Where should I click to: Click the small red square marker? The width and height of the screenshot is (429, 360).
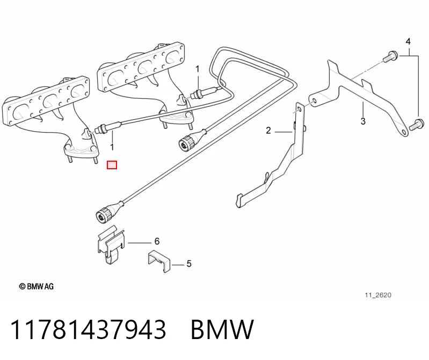[112, 165]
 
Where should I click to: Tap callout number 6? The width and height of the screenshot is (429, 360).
[157, 241]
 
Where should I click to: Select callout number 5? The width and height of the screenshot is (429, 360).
[189, 264]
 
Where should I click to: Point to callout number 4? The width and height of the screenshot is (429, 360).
[408, 41]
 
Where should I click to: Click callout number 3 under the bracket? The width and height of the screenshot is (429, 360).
[363, 121]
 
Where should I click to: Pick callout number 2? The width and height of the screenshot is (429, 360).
[268, 131]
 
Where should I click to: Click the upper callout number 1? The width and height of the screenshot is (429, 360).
[198, 69]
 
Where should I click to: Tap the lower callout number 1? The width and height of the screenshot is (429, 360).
[112, 147]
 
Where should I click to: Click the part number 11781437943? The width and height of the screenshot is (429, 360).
[88, 329]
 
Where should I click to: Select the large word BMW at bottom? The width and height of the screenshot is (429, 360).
[222, 329]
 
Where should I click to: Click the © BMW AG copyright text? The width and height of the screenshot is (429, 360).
[37, 286]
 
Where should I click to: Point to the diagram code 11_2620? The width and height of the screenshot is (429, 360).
[378, 295]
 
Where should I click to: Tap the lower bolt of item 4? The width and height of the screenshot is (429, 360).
[417, 125]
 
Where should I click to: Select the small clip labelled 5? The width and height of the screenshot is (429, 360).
[159, 261]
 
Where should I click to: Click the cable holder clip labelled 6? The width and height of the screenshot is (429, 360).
[111, 245]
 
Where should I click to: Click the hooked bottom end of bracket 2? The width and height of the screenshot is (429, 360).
[239, 200]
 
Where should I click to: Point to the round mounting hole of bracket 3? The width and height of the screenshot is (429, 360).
[314, 100]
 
